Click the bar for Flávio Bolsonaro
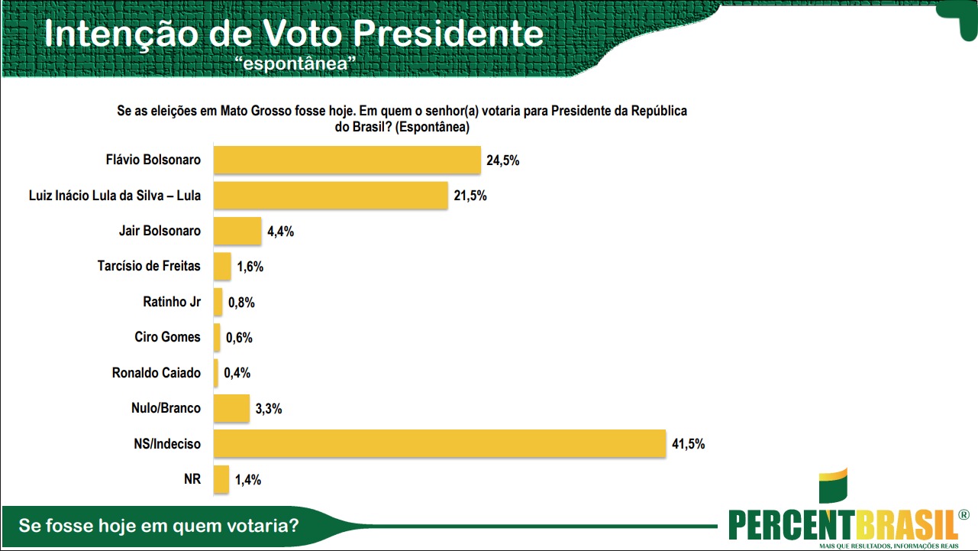(347, 160)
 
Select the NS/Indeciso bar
(439, 443)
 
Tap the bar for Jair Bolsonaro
(237, 231)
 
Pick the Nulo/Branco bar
(231, 408)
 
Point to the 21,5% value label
(470, 196)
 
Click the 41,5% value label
(688, 444)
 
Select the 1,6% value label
(250, 267)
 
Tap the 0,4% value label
(237, 373)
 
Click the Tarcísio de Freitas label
(149, 266)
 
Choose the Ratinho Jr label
(172, 302)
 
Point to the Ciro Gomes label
(167, 337)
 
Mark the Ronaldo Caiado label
(157, 373)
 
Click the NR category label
(192, 479)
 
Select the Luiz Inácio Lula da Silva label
(114, 196)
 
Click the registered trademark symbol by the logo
(963, 516)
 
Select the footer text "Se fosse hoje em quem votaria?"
(159, 527)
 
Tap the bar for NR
(221, 479)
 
